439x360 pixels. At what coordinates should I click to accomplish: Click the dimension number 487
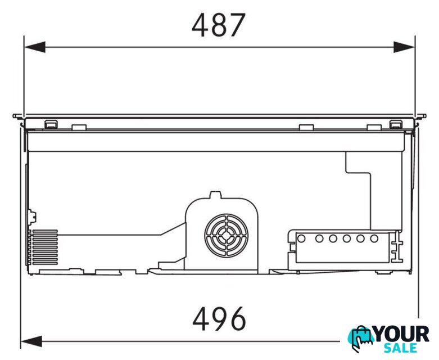(219, 25)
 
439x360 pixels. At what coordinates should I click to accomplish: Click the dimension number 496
(219, 318)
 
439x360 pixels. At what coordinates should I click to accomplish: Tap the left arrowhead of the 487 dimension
(35, 47)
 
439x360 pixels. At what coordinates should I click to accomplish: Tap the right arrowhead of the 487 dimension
(404, 47)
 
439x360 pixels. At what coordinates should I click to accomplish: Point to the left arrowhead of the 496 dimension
(31, 341)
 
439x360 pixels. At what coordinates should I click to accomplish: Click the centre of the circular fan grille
(226, 236)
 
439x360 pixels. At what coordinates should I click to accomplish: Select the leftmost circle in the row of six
(301, 238)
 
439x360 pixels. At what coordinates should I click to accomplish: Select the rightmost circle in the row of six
(374, 238)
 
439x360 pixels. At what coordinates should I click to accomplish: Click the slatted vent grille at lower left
(45, 247)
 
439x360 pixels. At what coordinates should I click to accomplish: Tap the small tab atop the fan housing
(216, 195)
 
